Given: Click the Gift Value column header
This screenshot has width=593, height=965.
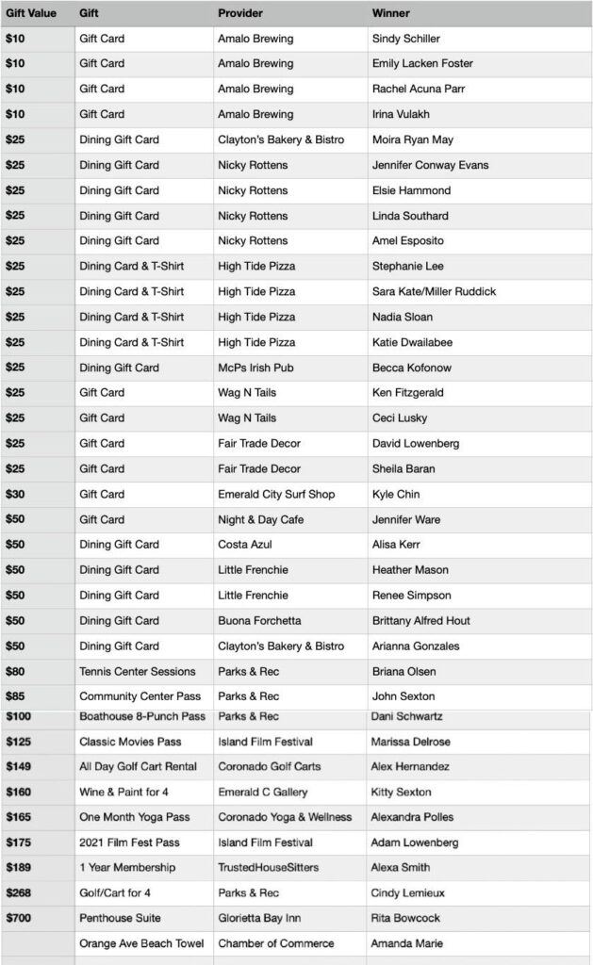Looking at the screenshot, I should (x=32, y=14).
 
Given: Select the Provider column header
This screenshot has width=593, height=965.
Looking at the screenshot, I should (x=240, y=14).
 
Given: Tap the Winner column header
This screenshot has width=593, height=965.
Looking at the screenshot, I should (x=390, y=14).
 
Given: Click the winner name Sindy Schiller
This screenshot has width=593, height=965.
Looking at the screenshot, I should (x=406, y=39).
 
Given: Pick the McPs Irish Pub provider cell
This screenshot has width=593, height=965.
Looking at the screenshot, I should (x=255, y=368).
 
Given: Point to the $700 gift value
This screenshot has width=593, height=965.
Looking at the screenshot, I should (x=18, y=918).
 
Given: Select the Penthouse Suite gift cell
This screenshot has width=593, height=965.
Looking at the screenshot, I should (x=120, y=918).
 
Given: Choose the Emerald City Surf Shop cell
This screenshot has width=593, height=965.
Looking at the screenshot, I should (x=276, y=494).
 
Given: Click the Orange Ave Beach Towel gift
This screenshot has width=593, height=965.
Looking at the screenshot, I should (x=140, y=943).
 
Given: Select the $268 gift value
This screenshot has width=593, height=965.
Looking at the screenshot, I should (x=18, y=892).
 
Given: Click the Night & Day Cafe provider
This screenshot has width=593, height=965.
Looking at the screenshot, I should (x=260, y=519).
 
